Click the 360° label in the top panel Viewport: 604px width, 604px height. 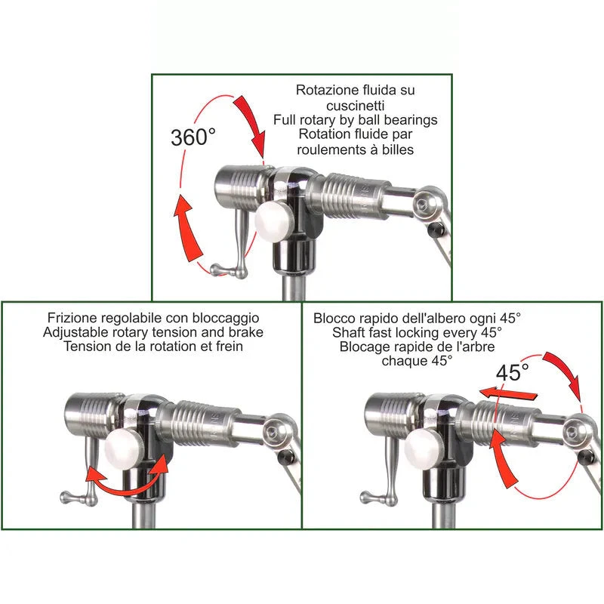193,137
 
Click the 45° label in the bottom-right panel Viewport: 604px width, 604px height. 513,372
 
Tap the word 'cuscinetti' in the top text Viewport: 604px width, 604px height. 356,104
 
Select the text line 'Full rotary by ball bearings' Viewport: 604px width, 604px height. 356,119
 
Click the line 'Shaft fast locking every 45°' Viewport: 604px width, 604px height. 417,332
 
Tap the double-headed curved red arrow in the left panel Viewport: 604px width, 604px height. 125,480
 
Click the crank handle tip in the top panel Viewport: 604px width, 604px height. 216,269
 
